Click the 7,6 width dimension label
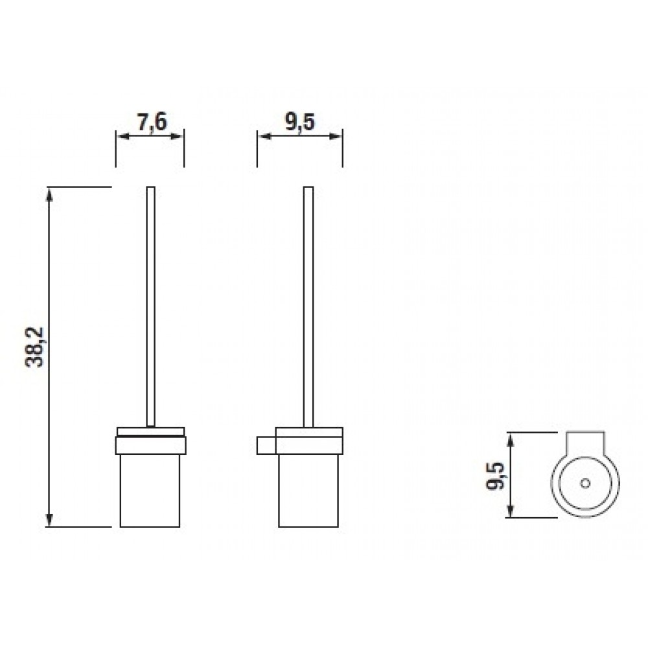pos(152,122)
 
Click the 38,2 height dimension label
pos(34,347)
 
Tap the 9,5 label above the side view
pos(299,122)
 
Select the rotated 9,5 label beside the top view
pos(495,476)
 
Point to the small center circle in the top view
pos(584,483)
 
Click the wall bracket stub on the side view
pos(266,445)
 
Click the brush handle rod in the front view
pos(151,307)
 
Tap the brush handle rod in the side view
pos(308,307)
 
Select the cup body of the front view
pos(150,491)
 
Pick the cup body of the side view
pos(308,491)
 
